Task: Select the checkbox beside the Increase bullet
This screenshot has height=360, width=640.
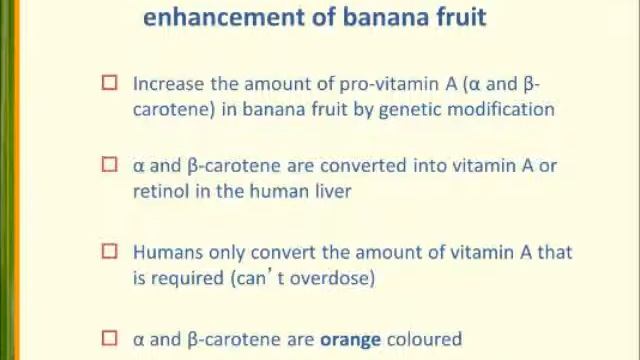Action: tap(110, 85)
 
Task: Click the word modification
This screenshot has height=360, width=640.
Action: tap(502, 110)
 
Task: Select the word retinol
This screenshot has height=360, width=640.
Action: tap(159, 191)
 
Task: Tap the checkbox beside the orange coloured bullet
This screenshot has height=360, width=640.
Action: tap(110, 339)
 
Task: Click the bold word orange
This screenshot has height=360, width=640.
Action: tap(350, 339)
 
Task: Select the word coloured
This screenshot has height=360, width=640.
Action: tap(424, 339)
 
